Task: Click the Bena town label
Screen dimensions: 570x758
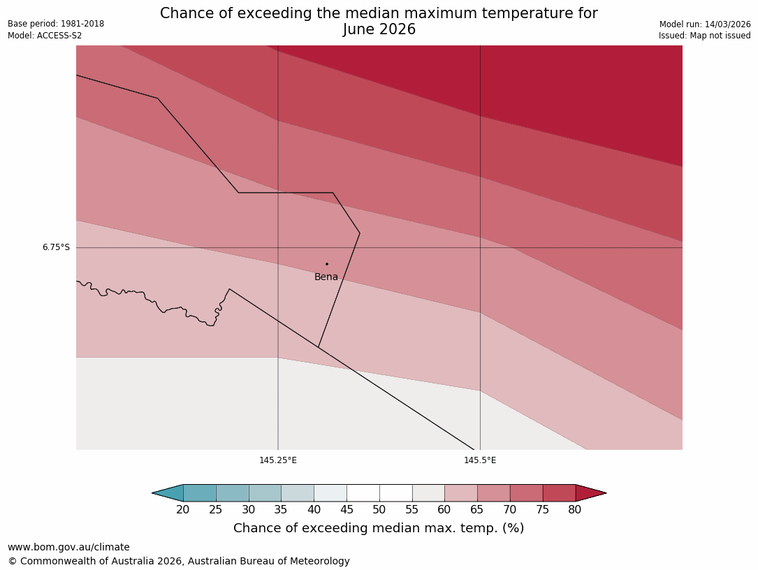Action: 326,277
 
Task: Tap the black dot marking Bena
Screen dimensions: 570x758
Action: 326,264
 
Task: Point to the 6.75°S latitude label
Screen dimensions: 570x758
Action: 56,247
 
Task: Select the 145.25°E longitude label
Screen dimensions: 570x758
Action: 278,460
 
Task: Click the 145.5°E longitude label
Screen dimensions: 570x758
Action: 480,460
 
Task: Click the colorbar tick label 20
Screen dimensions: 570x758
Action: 183,510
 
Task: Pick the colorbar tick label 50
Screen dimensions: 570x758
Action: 379,510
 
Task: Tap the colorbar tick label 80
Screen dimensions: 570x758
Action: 575,510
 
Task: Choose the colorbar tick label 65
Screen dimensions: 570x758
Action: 477,510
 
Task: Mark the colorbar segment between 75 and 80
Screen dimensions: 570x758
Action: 559,493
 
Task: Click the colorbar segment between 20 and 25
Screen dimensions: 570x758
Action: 200,493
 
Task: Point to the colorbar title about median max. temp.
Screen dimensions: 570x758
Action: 379,529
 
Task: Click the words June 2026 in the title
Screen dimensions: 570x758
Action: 379,30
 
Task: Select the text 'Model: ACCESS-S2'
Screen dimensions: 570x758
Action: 45,36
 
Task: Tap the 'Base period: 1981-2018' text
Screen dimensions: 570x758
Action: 56,24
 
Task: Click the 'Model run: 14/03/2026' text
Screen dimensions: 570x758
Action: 705,24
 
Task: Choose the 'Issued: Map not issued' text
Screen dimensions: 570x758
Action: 704,36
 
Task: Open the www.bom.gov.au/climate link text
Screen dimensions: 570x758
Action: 68,548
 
